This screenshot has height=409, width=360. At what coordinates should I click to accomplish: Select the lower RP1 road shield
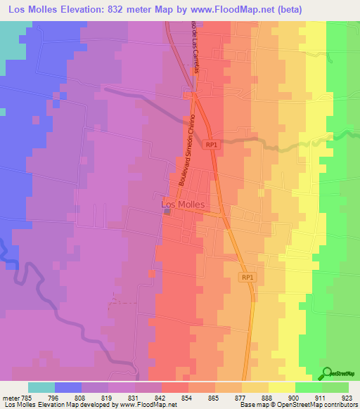[247, 278]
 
